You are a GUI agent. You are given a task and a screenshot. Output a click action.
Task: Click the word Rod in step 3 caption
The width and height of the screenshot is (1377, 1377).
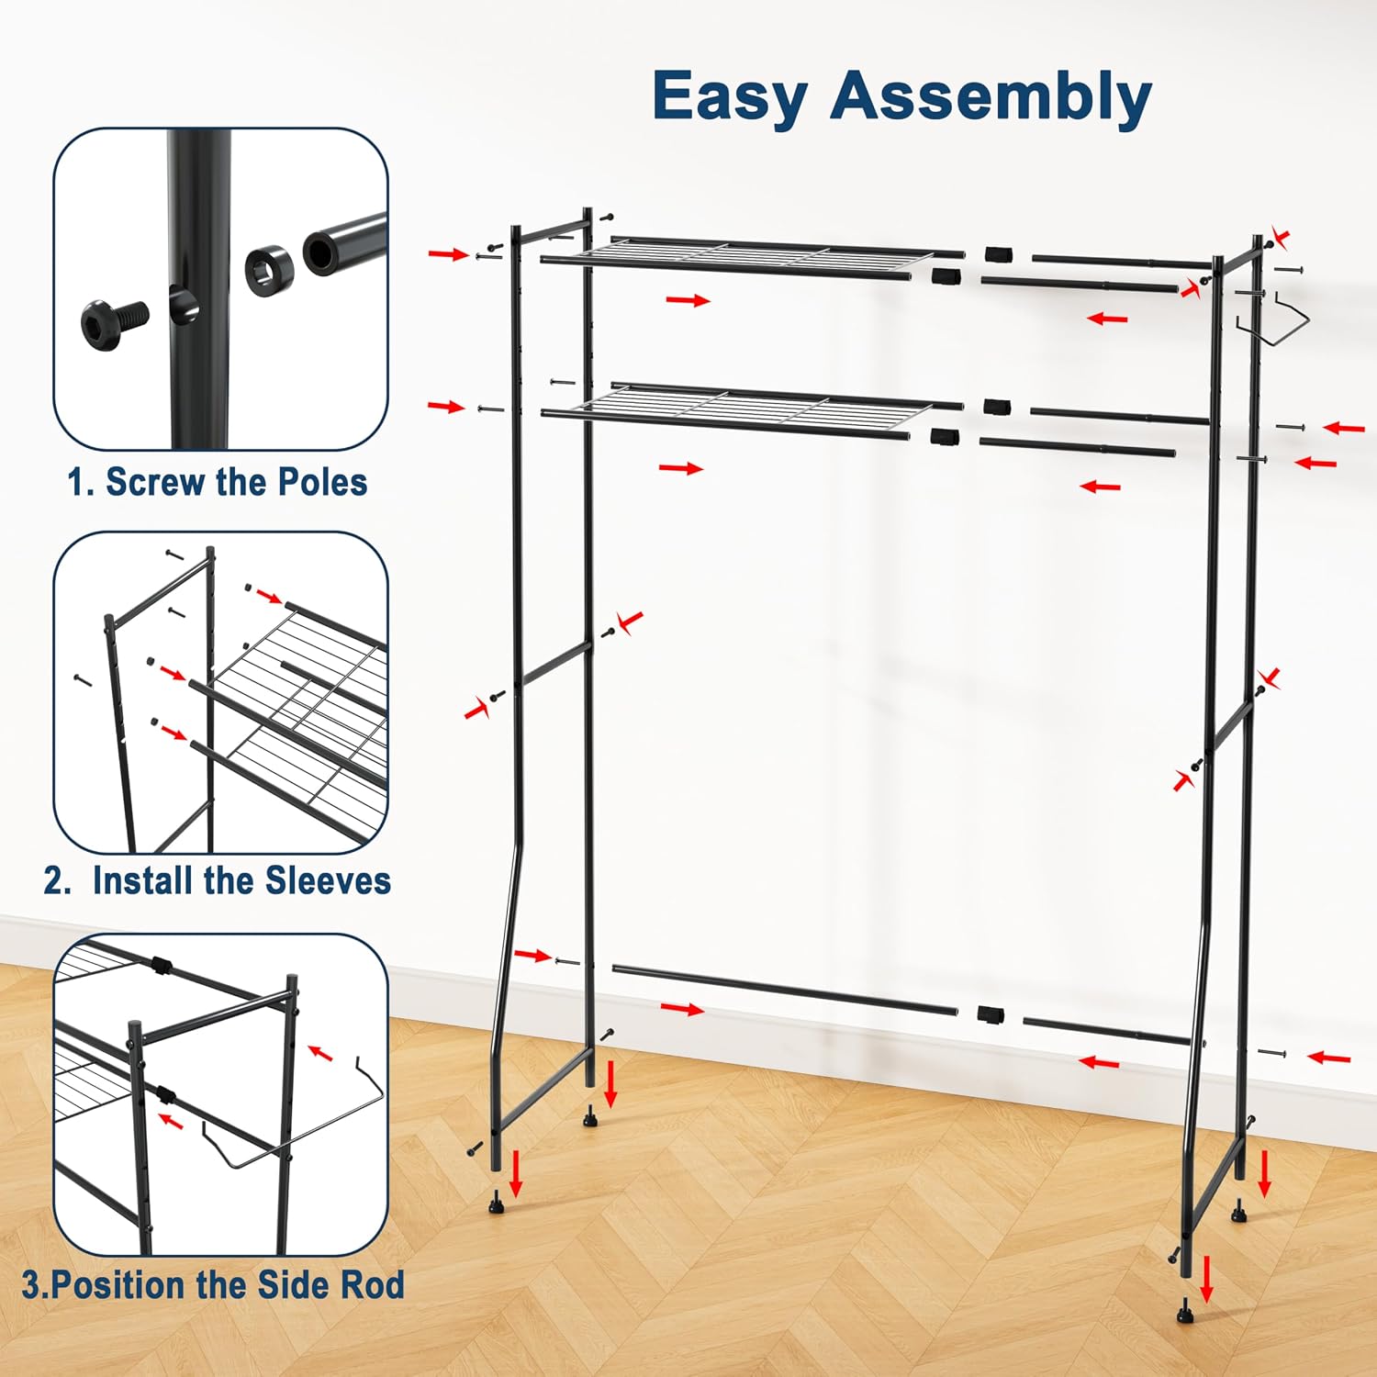372,1284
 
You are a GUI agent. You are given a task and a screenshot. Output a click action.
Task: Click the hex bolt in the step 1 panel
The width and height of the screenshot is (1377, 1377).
115,322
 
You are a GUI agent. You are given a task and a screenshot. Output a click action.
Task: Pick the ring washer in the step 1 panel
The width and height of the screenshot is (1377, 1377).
269,266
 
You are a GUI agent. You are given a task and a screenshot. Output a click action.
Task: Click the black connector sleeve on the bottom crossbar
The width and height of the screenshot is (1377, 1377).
990,1014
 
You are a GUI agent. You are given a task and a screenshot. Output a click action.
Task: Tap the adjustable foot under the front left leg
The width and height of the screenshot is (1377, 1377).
497,1202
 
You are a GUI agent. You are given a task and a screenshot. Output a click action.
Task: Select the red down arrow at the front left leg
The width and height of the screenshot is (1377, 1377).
516,1173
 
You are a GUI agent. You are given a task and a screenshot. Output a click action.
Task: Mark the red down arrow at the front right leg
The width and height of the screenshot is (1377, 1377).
1206,1280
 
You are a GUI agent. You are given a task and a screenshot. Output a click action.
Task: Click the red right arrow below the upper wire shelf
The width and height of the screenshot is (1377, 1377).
688,300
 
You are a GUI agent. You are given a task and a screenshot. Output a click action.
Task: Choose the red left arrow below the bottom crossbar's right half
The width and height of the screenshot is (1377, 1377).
1099,1063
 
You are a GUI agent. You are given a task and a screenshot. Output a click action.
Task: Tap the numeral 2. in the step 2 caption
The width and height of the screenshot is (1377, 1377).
57,881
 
